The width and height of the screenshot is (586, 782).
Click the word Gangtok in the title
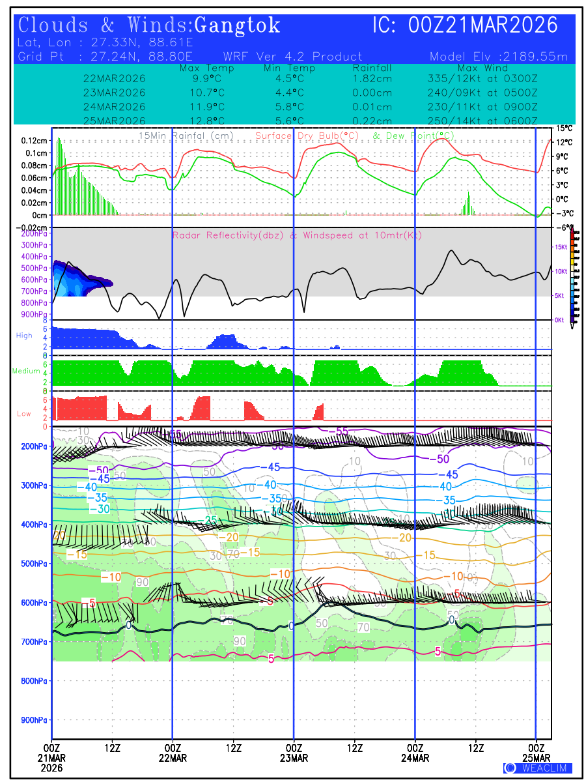238,25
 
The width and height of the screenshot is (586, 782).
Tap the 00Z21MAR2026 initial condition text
483,25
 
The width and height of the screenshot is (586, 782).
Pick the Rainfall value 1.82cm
372,78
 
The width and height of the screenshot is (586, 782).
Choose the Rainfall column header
372,68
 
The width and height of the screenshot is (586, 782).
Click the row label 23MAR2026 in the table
115,93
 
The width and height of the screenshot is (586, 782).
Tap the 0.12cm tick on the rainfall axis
34,141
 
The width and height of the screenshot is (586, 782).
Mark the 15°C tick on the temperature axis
564,128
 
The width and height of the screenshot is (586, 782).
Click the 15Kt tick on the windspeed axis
560,247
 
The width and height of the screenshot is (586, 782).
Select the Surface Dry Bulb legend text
307,136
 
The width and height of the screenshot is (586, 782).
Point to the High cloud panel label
24,336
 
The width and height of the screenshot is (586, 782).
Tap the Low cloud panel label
24,414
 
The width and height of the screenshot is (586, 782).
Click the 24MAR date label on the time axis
415,758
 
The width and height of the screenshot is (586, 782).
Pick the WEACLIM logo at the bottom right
538,768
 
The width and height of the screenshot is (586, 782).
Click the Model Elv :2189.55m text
499,57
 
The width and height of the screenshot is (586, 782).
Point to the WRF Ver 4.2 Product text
292,57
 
